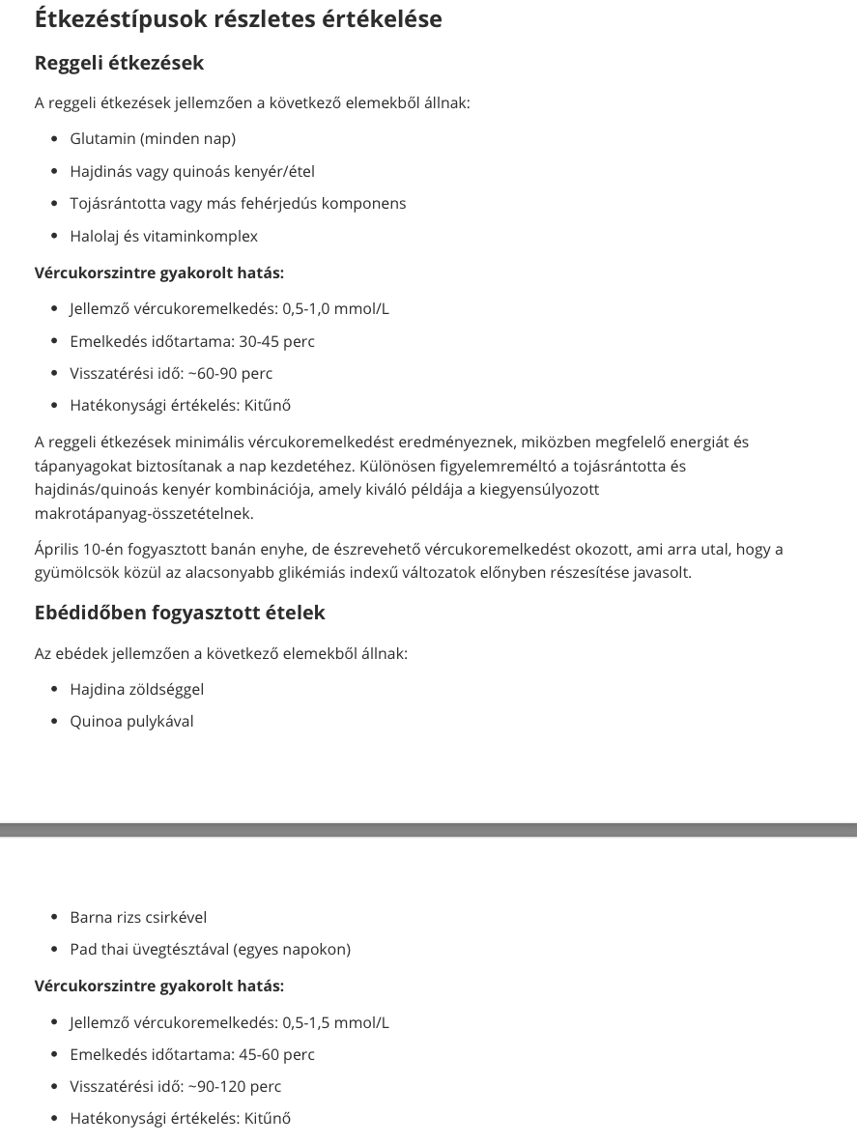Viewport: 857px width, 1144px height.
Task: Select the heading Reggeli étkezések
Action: point(119,63)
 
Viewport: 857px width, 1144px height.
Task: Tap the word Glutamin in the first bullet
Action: point(102,139)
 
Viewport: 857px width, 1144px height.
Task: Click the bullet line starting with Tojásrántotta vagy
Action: point(238,204)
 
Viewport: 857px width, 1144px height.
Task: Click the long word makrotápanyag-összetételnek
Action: point(144,514)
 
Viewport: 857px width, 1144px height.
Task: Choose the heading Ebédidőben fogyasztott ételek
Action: point(180,614)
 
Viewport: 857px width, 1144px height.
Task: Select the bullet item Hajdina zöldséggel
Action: point(137,690)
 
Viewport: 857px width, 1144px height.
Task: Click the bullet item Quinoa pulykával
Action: point(131,722)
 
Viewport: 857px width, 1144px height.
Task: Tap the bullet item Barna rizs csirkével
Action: point(138,918)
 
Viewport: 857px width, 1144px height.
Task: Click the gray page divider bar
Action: point(428,830)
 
